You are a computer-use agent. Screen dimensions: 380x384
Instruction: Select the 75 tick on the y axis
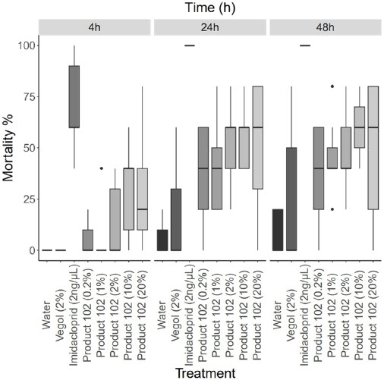[27, 96]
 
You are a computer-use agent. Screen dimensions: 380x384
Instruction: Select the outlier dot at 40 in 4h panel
[102, 168]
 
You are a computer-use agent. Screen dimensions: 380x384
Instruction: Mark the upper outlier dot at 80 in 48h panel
[332, 86]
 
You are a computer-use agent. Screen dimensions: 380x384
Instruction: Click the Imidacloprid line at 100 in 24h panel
[190, 46]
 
